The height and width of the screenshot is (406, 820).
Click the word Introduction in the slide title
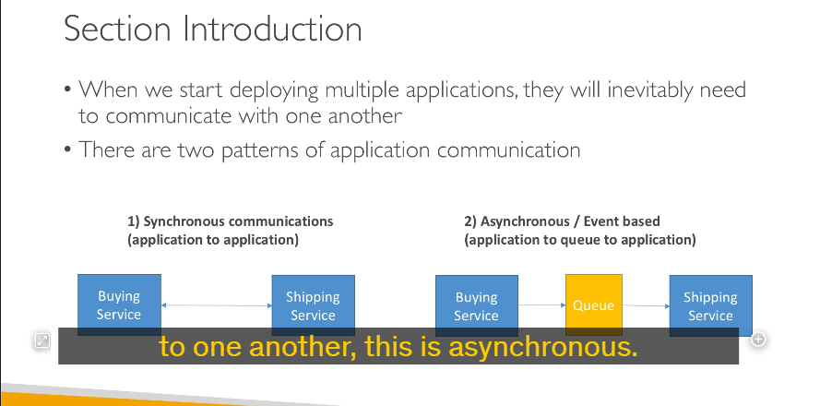pyautogui.click(x=272, y=29)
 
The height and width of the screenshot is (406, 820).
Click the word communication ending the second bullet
pyautogui.click(x=508, y=150)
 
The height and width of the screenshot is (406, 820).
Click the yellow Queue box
pyautogui.click(x=594, y=304)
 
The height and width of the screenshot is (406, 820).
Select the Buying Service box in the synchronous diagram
pyautogui.click(x=119, y=304)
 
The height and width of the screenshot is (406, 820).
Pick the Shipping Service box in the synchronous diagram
pyautogui.click(x=314, y=305)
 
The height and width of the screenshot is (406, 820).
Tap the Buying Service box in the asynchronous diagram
pyautogui.click(x=477, y=305)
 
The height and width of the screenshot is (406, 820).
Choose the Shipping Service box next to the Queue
pyautogui.click(x=711, y=305)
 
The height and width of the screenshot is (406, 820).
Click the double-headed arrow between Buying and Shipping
pyautogui.click(x=217, y=305)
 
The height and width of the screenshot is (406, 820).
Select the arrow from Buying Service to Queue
pyautogui.click(x=541, y=305)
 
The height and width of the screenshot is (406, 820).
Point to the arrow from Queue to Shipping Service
pyautogui.click(x=646, y=305)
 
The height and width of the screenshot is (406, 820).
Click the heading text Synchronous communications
pyautogui.click(x=238, y=221)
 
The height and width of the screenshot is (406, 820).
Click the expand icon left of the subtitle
pyautogui.click(x=42, y=340)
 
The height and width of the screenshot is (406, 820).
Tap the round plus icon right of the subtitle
pyautogui.click(x=758, y=339)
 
